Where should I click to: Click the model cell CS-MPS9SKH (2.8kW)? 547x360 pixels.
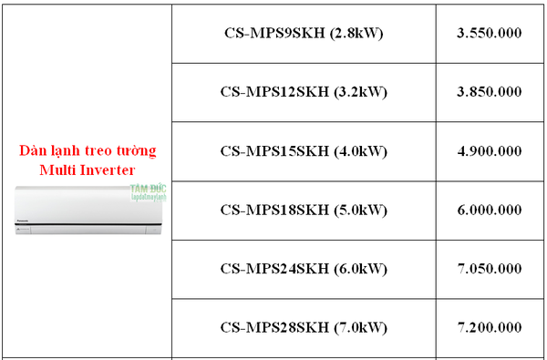(x=304, y=34)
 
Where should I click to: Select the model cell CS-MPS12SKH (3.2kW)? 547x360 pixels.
(x=304, y=92)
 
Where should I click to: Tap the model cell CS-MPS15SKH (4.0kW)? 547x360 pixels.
(x=304, y=150)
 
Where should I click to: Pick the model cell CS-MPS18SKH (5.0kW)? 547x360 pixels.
(x=304, y=210)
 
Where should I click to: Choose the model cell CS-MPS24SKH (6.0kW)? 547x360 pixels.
(x=304, y=268)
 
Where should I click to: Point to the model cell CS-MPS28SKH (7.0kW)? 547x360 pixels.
(x=304, y=327)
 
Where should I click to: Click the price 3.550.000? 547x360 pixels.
(x=489, y=34)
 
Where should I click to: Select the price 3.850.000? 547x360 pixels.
(x=489, y=92)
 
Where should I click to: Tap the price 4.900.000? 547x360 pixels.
(x=489, y=150)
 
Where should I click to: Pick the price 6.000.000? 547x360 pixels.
(x=489, y=210)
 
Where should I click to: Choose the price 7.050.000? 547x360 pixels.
(x=489, y=268)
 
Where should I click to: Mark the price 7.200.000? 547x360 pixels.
(x=489, y=327)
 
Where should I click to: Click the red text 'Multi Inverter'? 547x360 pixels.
(x=88, y=170)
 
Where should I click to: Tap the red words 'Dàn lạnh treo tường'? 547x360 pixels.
(x=88, y=150)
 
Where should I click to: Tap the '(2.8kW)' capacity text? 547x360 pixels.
(x=355, y=34)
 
